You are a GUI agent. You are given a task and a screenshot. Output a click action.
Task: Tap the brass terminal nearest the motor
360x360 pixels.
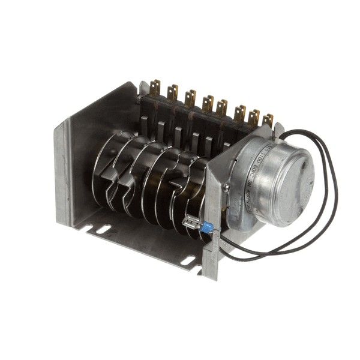(268, 120)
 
